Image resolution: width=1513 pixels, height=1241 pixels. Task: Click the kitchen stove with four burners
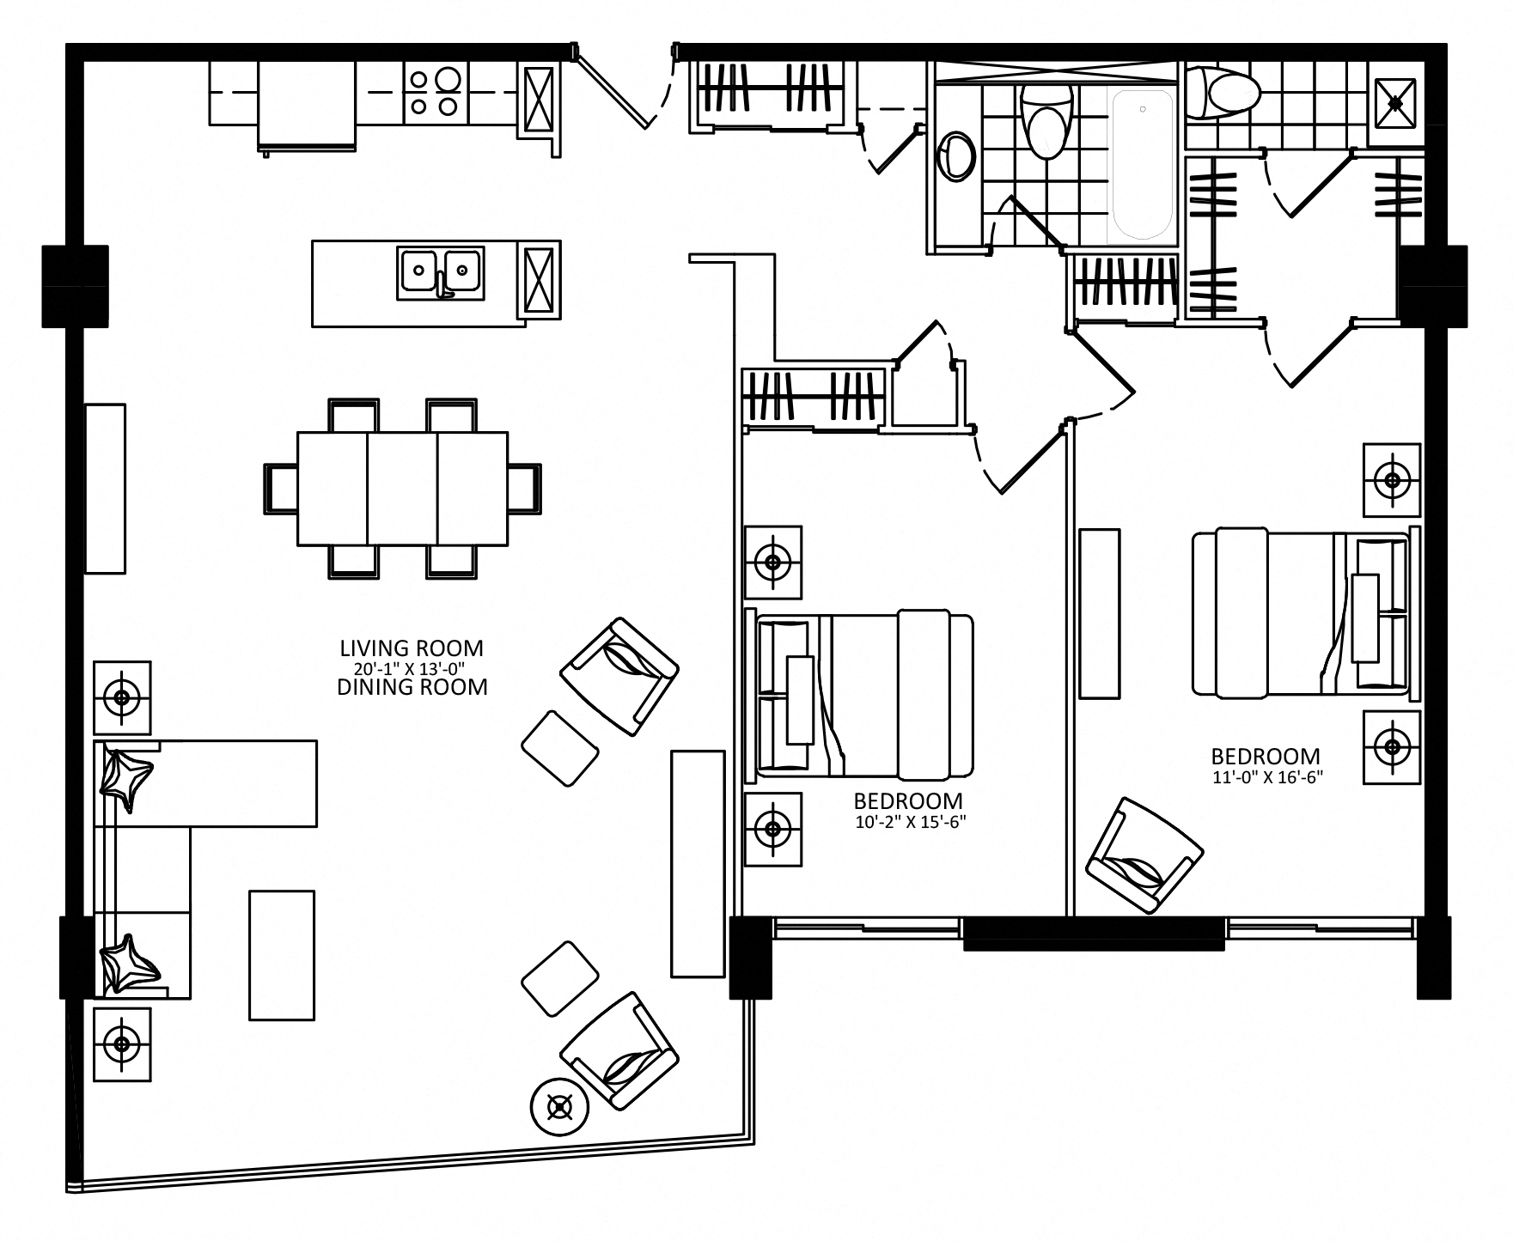coord(434,92)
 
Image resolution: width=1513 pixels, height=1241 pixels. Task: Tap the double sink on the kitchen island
coord(440,272)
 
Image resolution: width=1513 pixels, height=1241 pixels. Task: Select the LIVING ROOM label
coord(412,648)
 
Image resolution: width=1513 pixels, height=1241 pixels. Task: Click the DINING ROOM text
coord(412,687)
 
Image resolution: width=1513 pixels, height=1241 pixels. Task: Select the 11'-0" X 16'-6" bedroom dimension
coord(1266,777)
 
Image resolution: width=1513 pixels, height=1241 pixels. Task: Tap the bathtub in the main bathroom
coord(1142,165)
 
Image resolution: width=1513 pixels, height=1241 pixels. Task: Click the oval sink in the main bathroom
coord(957,155)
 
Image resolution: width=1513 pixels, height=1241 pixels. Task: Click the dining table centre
coord(402,488)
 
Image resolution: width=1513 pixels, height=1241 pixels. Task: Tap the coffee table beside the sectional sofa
coord(282,954)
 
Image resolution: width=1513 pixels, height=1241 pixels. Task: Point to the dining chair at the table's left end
coord(279,489)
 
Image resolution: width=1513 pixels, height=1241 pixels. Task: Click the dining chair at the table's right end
coord(525,489)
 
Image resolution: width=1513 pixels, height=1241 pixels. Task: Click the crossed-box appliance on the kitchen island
coord(541,280)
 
